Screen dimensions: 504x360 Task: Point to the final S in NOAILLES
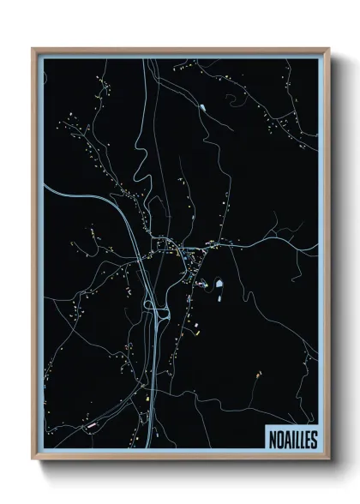tap(313, 439)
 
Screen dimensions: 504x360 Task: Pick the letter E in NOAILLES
tap(307, 439)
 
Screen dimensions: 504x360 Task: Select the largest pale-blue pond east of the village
tap(219, 285)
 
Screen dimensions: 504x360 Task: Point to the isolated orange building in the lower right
tap(256, 374)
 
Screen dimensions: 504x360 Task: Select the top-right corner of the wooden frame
tap(331, 49)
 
